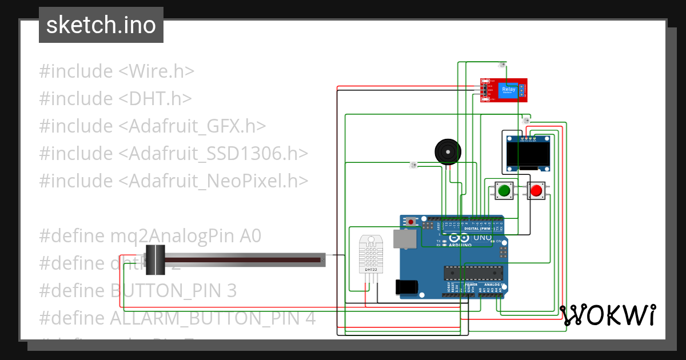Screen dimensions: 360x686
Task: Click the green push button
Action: click(x=504, y=191)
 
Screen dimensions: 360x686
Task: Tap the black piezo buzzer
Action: click(x=447, y=152)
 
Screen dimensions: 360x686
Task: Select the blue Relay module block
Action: click(x=508, y=90)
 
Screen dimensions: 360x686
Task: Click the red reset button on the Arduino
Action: click(x=410, y=221)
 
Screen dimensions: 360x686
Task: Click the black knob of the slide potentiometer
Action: click(x=155, y=260)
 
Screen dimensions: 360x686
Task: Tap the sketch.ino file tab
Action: click(x=101, y=25)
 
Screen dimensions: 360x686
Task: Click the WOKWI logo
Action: click(x=607, y=315)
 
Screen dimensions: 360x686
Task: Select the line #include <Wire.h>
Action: click(x=117, y=71)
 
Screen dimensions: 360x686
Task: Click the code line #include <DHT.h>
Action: click(x=115, y=99)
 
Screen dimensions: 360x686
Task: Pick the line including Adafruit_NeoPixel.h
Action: click(x=174, y=181)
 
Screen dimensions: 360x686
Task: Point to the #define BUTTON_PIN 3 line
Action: click(x=138, y=291)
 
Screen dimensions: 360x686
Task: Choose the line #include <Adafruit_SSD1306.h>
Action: click(x=174, y=154)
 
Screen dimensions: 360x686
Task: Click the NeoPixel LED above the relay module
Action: click(x=502, y=65)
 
